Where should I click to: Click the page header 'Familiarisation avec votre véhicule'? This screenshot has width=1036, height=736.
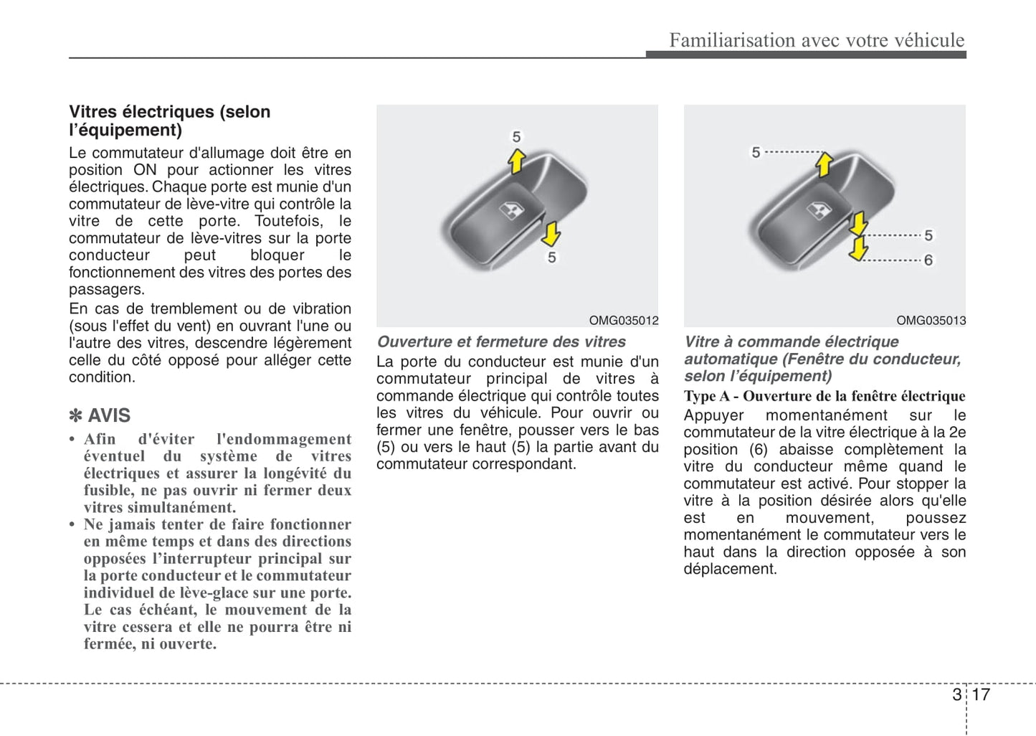[x=817, y=40]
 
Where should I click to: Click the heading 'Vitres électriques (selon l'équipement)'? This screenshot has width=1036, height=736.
[x=169, y=121]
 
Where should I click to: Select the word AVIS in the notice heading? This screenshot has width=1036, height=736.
[x=109, y=416]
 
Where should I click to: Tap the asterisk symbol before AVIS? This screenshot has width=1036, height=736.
[x=75, y=416]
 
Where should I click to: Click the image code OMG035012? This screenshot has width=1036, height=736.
[x=623, y=321]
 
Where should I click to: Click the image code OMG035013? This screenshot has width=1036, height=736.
[x=931, y=321]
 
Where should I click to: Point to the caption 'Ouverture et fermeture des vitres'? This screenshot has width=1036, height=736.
[x=501, y=342]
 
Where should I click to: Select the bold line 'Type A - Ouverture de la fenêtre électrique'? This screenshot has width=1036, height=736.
[x=824, y=396]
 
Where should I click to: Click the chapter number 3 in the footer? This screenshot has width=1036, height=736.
[x=957, y=694]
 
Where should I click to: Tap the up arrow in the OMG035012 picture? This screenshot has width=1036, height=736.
[x=516, y=161]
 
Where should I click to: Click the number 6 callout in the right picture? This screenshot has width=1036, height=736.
[x=928, y=260]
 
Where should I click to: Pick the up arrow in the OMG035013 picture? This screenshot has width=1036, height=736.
[x=824, y=164]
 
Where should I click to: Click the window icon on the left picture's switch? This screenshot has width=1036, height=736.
[x=511, y=209]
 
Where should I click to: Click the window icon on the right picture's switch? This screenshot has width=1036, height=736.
[x=819, y=210]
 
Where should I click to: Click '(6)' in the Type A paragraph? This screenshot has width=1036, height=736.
[x=759, y=450]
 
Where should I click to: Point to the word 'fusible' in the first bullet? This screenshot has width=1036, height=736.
[x=108, y=491]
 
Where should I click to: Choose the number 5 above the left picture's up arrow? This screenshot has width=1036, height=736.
[x=516, y=136]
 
